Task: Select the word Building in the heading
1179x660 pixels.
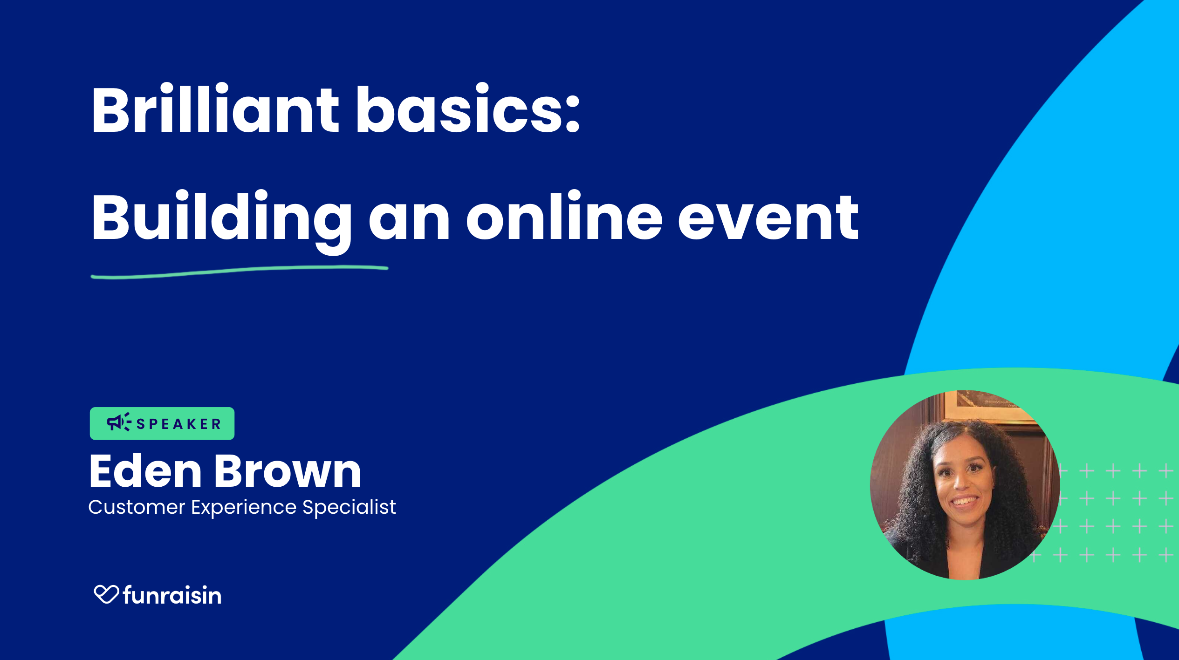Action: (x=221, y=219)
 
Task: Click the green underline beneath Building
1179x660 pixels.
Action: (x=240, y=272)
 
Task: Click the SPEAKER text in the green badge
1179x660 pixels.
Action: (x=178, y=424)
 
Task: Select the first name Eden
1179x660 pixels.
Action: (x=145, y=471)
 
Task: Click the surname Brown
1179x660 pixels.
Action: (x=288, y=471)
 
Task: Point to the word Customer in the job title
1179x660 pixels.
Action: (x=137, y=507)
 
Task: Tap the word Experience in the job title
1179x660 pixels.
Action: (x=244, y=508)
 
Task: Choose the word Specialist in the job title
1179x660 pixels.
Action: (x=349, y=507)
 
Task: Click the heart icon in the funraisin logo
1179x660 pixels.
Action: (x=106, y=594)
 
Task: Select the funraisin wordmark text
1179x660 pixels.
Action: (x=172, y=595)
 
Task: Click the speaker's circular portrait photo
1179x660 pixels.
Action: (x=965, y=485)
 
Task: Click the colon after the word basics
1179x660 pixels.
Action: (x=573, y=114)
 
